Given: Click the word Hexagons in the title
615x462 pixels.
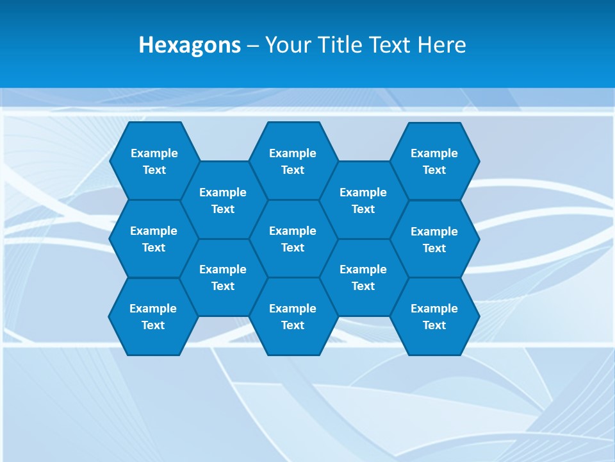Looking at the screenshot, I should tap(190, 46).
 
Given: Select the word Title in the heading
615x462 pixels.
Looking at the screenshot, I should tap(341, 45).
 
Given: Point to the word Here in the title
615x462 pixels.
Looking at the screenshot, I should tap(441, 45).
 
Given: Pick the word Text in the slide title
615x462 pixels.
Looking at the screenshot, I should tap(391, 45).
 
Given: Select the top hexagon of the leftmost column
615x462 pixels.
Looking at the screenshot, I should tap(154, 161).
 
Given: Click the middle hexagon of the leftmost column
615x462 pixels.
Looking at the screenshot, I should tap(154, 239).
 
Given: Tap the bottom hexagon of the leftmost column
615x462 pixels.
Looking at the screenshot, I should tap(153, 316).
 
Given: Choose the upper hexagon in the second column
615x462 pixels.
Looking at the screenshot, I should tap(223, 200).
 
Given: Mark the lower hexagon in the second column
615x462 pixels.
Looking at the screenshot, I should tap(223, 277).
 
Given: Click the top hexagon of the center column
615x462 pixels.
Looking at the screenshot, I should tap(293, 161).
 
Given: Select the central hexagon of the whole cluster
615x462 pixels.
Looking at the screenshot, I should tap(293, 239).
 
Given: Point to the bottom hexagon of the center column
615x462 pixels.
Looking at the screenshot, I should tap(293, 316).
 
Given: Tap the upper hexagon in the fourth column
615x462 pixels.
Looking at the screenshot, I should tap(363, 200).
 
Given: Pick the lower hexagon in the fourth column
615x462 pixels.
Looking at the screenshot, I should tap(363, 277).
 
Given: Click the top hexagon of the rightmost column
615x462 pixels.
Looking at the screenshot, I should tap(434, 161).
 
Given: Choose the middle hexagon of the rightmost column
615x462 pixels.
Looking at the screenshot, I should tap(434, 239).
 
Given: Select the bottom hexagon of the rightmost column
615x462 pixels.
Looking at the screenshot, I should tap(434, 316).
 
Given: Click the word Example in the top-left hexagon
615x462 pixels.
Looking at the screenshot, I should tap(154, 153).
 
